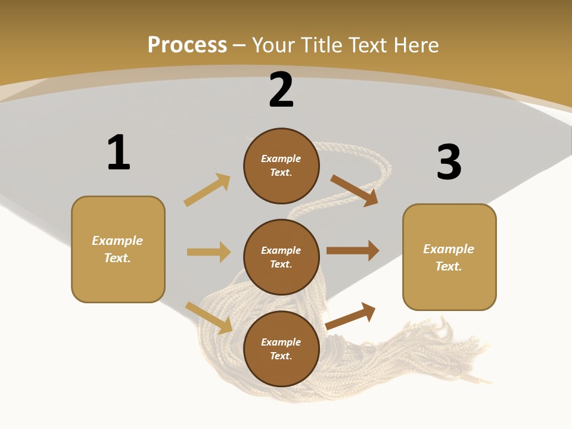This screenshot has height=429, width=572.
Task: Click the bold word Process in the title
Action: [x=187, y=45]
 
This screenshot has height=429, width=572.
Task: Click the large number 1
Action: [x=119, y=153]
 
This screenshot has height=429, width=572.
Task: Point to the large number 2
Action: [x=281, y=90]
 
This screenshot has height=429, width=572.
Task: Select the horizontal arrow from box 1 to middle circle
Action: [x=209, y=252]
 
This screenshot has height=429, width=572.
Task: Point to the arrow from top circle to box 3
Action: [x=355, y=190]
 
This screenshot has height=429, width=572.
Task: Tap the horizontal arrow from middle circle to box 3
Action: [x=353, y=250]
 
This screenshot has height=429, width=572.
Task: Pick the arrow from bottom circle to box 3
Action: [x=351, y=316]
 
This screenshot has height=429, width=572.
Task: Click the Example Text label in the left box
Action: [x=117, y=249]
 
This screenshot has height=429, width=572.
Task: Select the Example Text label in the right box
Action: [x=449, y=257]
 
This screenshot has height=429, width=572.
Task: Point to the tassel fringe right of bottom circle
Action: [x=417, y=352]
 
